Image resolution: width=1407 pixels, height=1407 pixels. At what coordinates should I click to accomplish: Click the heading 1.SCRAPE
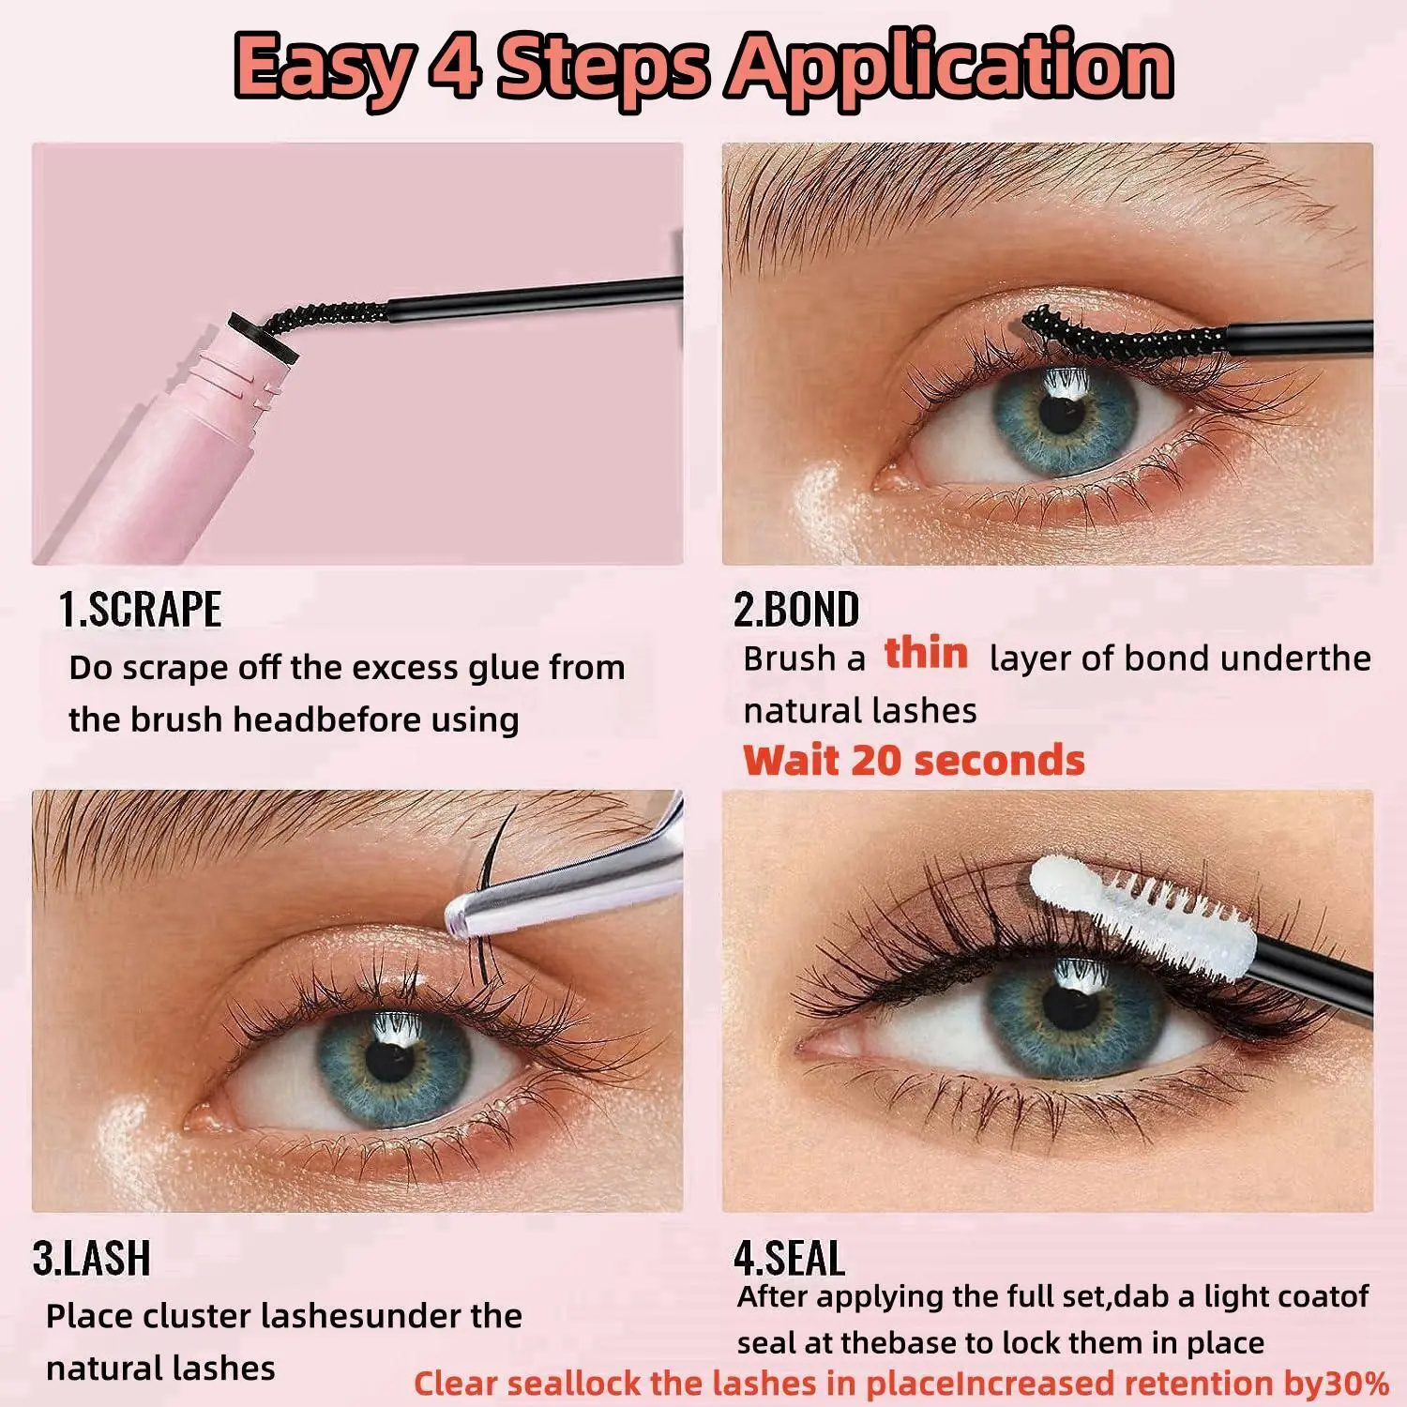[141, 610]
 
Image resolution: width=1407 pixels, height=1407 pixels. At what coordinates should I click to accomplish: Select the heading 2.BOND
[796, 610]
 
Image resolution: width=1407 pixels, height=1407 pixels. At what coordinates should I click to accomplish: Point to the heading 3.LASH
[92, 1258]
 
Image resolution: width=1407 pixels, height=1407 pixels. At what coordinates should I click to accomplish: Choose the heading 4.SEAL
[790, 1258]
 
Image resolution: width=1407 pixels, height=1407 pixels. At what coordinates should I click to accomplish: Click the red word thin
[926, 653]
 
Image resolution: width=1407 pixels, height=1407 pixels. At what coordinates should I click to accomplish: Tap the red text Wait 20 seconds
[914, 760]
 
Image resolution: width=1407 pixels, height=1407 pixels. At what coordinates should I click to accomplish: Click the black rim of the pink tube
[263, 340]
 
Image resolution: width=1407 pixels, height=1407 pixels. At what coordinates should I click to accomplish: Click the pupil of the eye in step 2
[1062, 413]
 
